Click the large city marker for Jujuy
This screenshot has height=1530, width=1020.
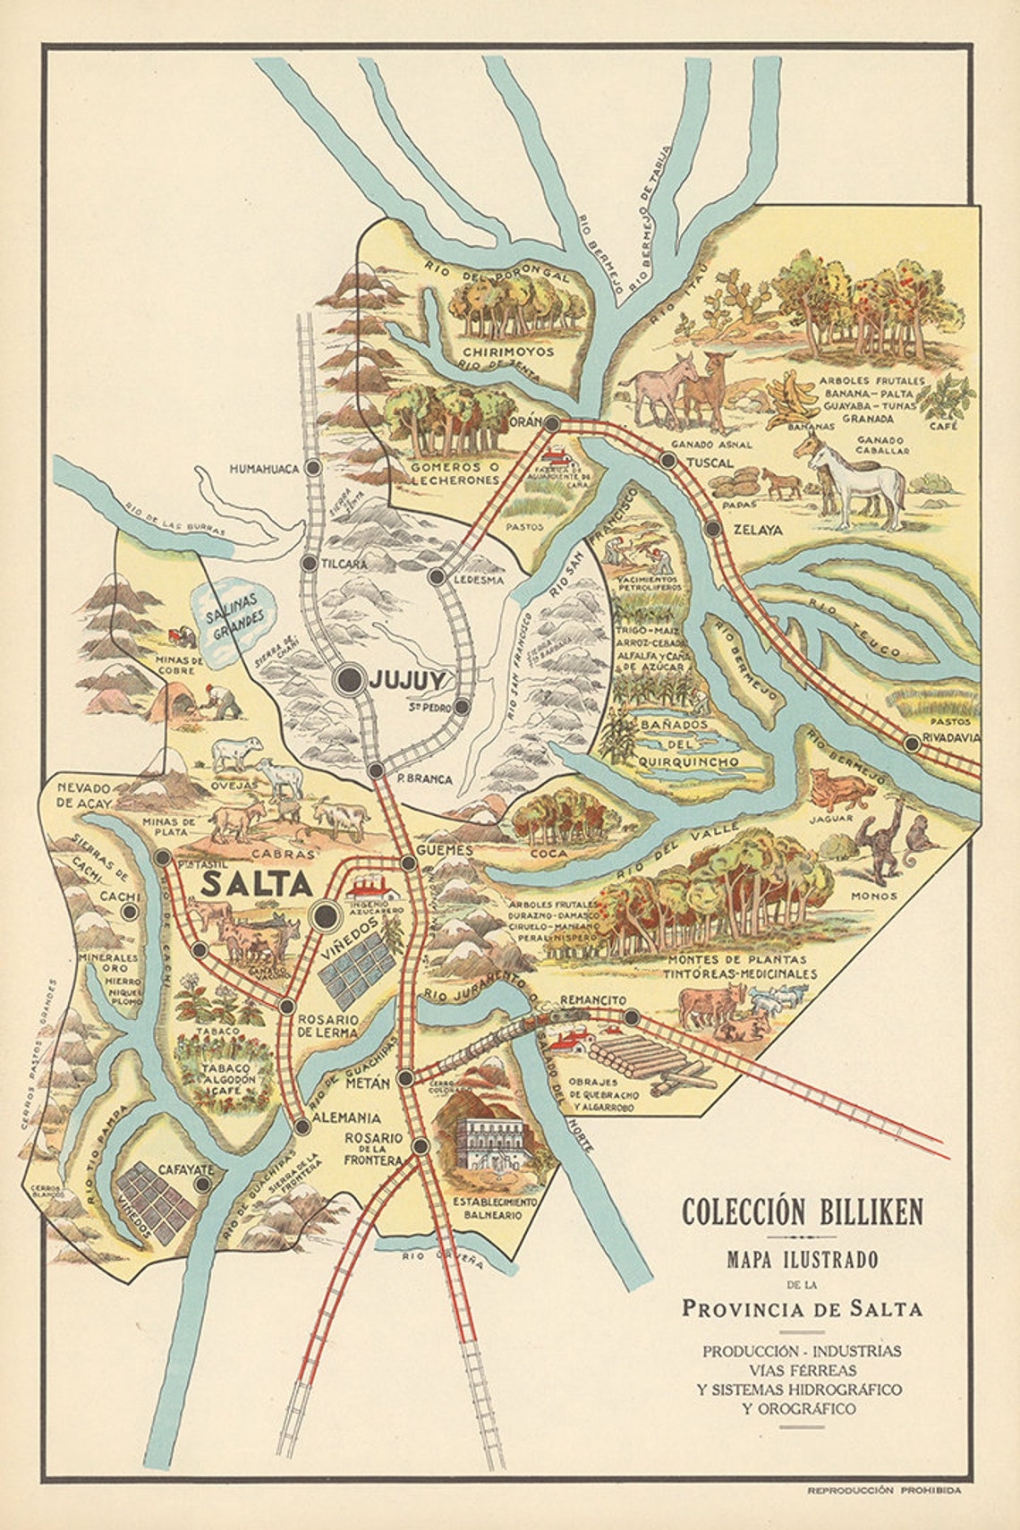349,680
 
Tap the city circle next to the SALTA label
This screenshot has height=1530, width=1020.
325,915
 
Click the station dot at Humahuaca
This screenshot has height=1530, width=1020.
313,467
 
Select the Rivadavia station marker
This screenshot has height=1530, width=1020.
912,743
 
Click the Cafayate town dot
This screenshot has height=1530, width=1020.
203,1184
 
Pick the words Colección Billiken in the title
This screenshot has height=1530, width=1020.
802,1212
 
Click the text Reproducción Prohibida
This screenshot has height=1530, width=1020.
884,1491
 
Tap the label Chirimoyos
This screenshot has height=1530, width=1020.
509,352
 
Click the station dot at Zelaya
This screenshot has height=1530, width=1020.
712,529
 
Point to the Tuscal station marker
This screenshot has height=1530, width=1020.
667,461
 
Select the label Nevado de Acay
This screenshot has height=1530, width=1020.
82,795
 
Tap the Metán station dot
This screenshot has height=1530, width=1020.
405,1078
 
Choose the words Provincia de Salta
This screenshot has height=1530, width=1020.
802,1308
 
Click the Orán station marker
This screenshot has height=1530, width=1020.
553,423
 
